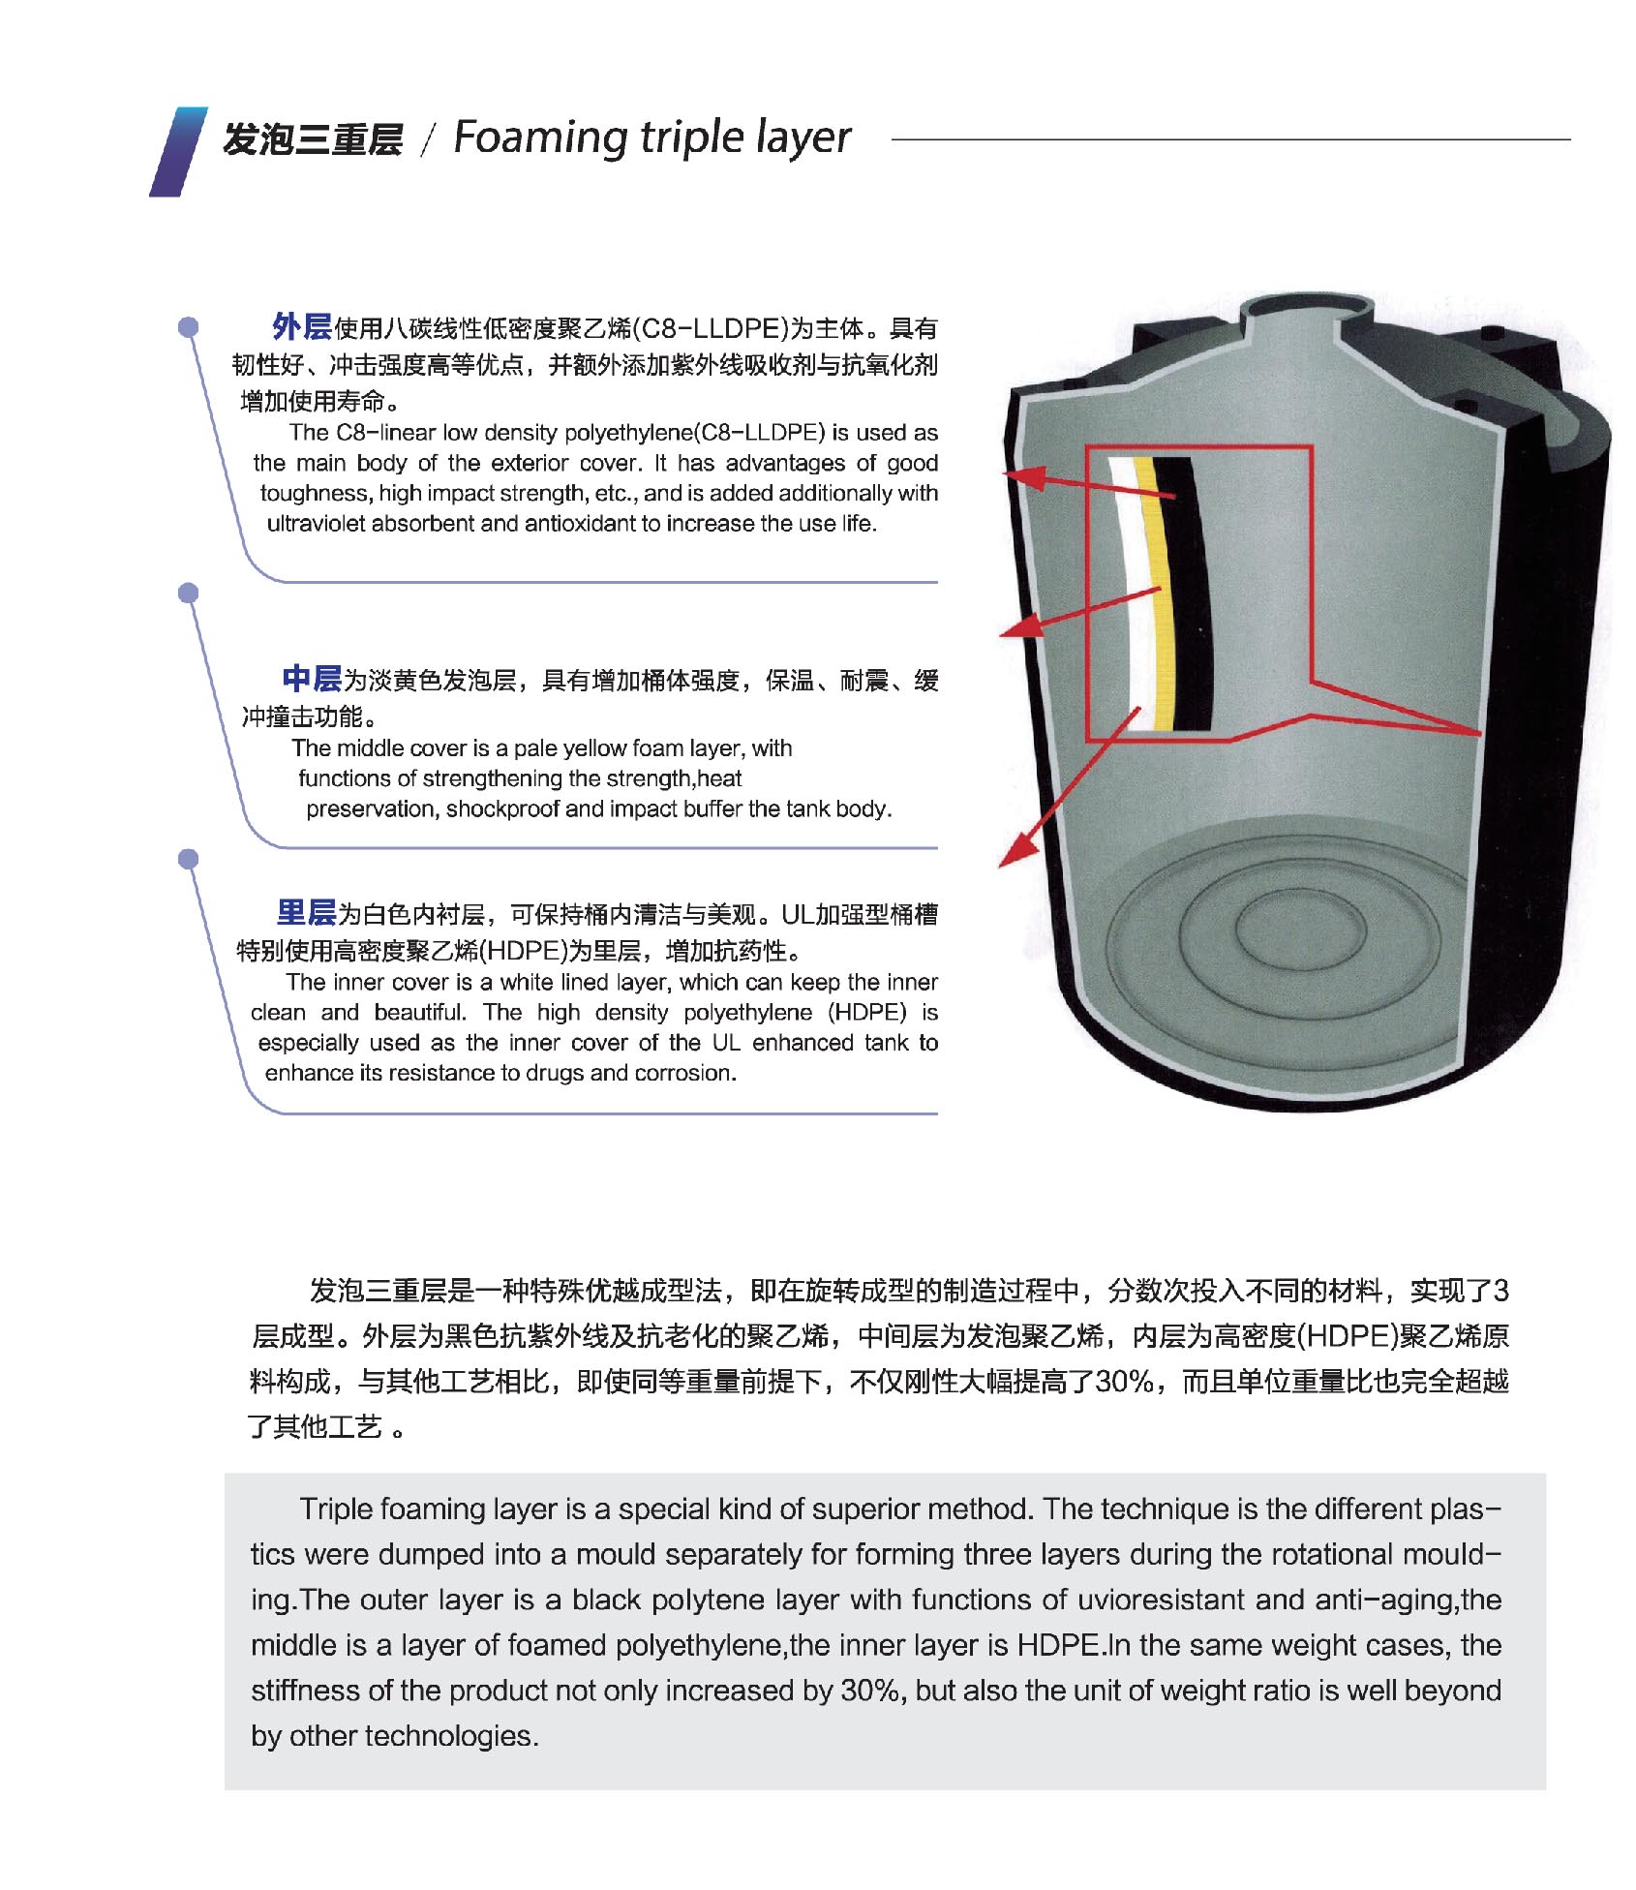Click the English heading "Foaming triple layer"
click(651, 138)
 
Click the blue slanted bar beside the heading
click(178, 151)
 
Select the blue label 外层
click(301, 327)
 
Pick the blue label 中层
click(312, 679)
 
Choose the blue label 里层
click(306, 912)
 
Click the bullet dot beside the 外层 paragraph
click(189, 327)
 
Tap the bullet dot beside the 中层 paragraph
click(189, 593)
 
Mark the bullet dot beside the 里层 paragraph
click(189, 859)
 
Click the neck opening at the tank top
click(1307, 307)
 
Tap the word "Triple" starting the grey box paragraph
click(336, 1509)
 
